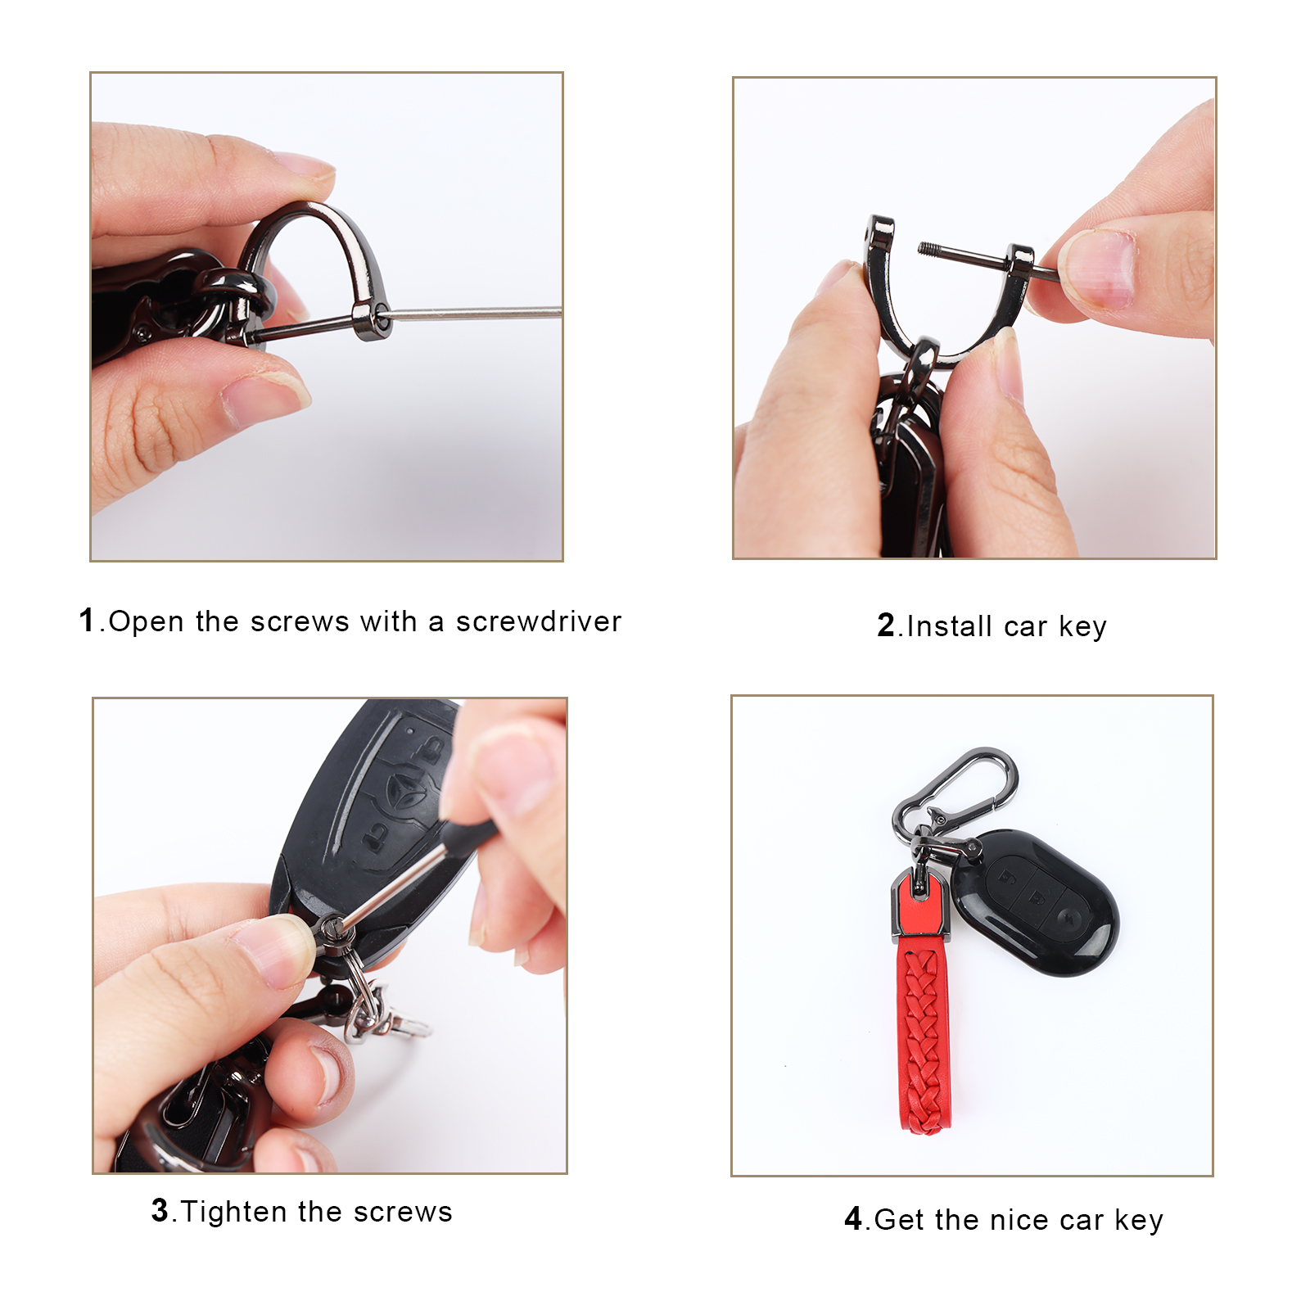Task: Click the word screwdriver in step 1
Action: click(539, 622)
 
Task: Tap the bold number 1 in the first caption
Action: click(88, 620)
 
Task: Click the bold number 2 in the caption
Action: click(887, 626)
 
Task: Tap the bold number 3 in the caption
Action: click(160, 1210)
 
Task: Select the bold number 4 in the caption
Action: click(853, 1219)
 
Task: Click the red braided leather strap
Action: click(923, 1036)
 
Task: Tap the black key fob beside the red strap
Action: click(1036, 903)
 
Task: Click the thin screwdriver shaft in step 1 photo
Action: click(476, 312)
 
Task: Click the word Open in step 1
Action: click(146, 622)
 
